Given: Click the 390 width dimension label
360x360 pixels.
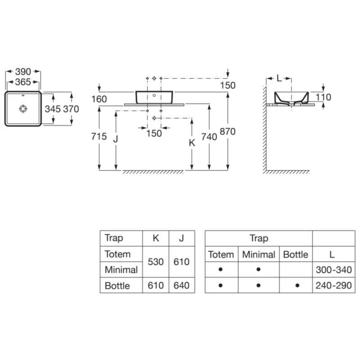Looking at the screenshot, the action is pos(23,72).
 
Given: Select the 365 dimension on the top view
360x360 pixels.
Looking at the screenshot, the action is pos(23,82).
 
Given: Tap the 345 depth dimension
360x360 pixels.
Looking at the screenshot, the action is pos(53,109).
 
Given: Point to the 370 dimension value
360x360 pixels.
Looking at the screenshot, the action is pos(71,109).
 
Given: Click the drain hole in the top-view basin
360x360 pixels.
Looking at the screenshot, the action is pos(23,108).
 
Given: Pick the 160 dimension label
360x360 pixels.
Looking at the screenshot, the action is pos(99,99).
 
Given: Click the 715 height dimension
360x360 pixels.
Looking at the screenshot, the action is pos(99,136).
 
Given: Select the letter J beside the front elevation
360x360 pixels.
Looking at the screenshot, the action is pos(116,139).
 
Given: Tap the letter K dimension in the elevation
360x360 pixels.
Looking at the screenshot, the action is pos(192,143).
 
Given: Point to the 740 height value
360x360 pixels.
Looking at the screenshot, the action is pos(209,137).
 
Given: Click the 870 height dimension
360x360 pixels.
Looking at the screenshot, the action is pos(228,131).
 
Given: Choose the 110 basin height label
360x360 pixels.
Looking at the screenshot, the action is pos(323,97).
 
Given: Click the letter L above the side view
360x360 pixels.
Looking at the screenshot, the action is pos(279,78).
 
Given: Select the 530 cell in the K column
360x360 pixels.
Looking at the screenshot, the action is pos(156,262).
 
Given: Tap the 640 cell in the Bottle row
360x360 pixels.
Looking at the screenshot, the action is pos(181,285).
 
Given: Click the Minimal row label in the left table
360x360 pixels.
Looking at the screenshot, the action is pos(121,270).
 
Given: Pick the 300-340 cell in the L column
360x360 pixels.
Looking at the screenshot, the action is pos(334,270).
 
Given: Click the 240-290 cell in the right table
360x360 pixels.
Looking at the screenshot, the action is pos(334,285).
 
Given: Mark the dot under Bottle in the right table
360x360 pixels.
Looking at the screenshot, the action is pos(297,285).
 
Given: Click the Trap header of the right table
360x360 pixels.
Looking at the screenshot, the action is pos(259,238).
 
